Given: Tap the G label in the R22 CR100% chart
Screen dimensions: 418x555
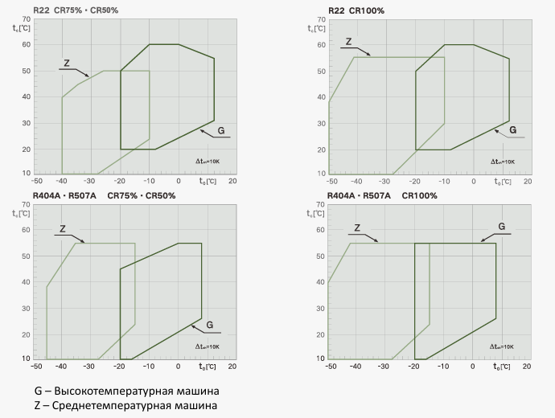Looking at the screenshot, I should pos(513,129).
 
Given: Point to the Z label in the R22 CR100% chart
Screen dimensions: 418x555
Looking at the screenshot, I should pos(348,42).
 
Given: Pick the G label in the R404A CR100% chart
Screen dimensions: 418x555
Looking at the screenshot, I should pos(501,227).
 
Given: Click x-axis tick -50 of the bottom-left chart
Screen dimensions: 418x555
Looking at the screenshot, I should pos(35,366).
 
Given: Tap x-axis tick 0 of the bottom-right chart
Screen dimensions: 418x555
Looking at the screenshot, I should pos(473,366).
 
